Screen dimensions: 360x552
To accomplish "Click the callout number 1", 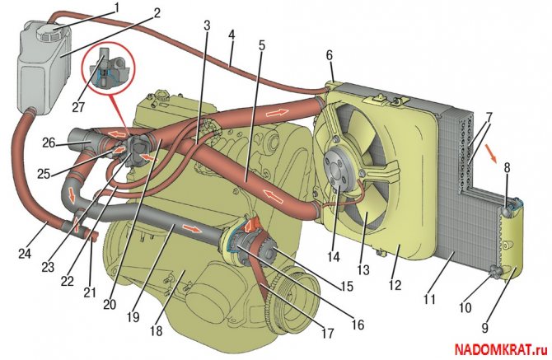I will [x=116, y=7].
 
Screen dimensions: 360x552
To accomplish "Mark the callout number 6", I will [x=330, y=56].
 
